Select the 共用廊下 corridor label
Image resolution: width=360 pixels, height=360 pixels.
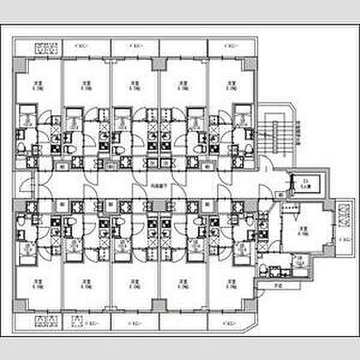point(158,185)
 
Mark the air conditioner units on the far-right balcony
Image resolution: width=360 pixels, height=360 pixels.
point(344,214)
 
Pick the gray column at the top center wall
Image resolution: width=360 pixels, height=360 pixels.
point(157,64)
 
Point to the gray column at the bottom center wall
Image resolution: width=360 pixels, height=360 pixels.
point(157,304)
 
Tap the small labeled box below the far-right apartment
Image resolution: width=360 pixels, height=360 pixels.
point(277,286)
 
